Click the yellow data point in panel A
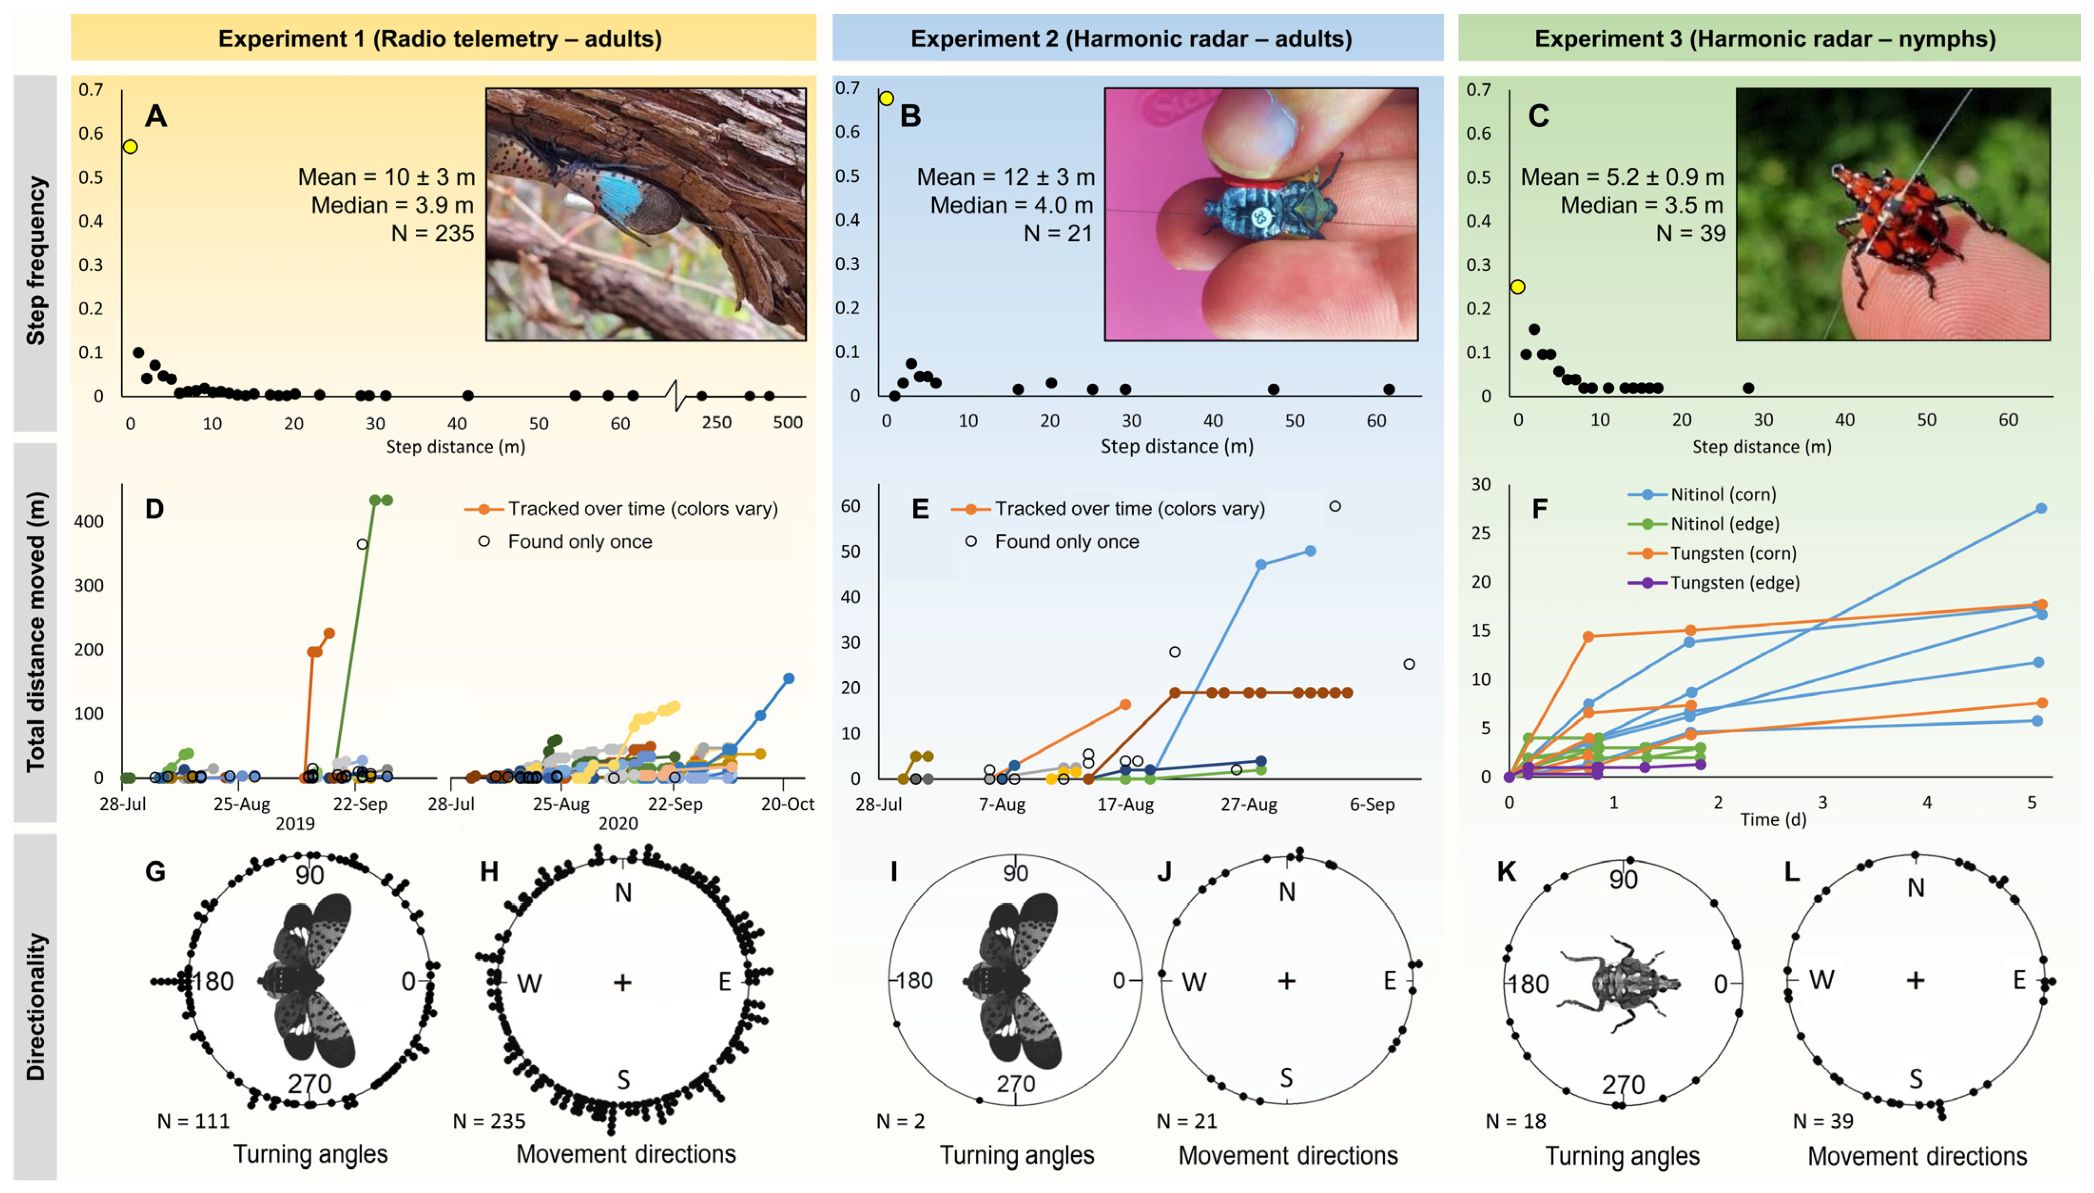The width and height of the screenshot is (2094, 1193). (x=130, y=147)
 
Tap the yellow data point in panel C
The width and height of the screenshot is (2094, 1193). (x=1518, y=287)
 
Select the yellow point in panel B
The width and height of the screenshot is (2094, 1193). (x=887, y=98)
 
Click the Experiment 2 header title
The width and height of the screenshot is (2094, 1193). (x=1131, y=38)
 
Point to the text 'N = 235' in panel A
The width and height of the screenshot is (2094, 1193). (x=433, y=234)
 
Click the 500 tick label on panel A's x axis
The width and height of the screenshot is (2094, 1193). (x=788, y=423)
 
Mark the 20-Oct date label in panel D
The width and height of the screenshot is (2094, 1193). (x=787, y=804)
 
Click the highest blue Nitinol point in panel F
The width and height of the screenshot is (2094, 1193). (x=2041, y=509)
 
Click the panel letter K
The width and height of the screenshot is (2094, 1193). (x=1506, y=872)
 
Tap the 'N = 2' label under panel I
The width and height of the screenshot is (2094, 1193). (x=900, y=1121)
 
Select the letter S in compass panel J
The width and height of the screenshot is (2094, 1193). (x=1286, y=1078)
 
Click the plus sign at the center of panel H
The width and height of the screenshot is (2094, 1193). (x=623, y=982)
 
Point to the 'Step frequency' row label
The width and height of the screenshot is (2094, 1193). (x=35, y=261)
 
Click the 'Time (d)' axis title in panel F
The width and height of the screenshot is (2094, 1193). (x=1773, y=819)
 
